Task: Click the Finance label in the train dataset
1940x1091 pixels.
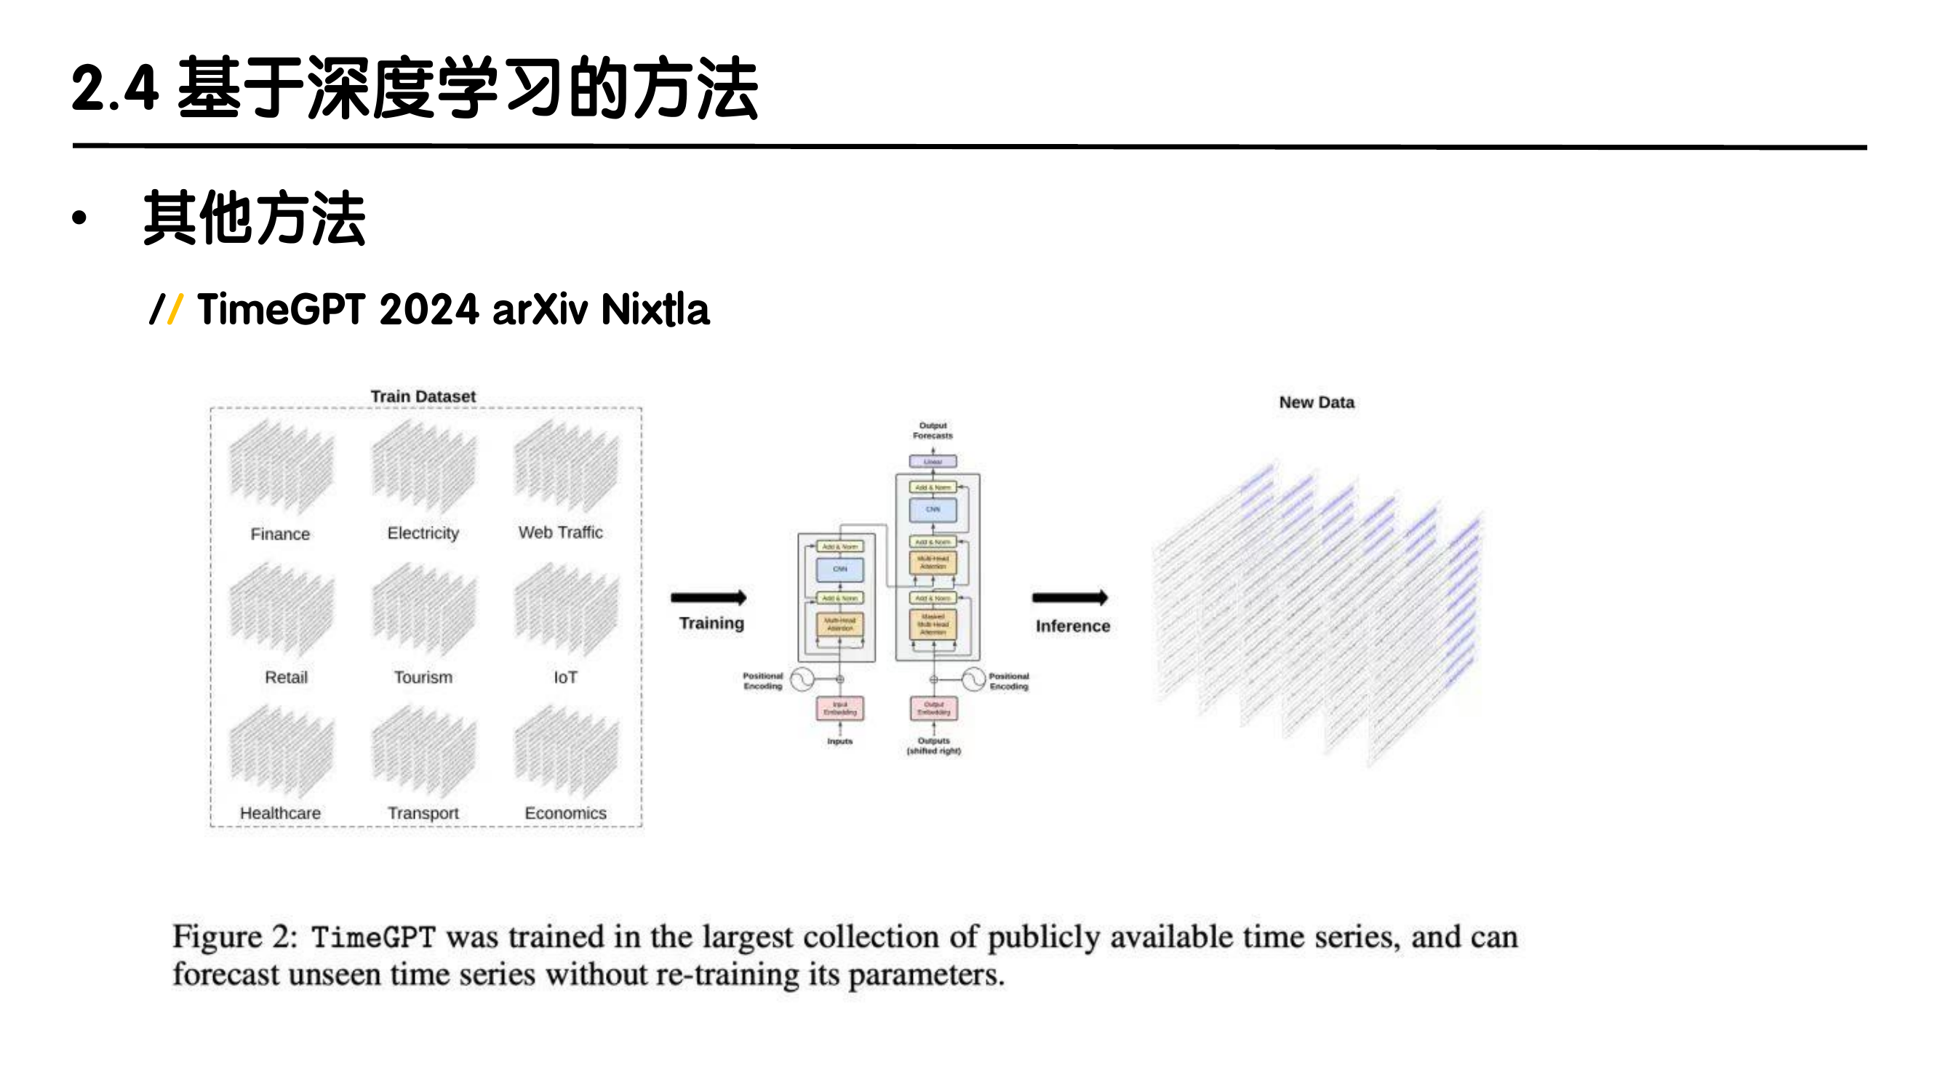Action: click(x=280, y=534)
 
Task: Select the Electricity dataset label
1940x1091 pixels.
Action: click(x=423, y=533)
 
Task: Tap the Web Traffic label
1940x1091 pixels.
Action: click(x=560, y=532)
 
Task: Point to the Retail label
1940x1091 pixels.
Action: click(x=286, y=677)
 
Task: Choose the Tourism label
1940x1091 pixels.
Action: click(x=423, y=677)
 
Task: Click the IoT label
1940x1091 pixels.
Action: click(x=566, y=677)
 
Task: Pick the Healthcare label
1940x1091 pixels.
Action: click(x=280, y=813)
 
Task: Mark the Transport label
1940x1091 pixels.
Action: click(x=423, y=813)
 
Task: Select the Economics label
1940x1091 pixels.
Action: click(x=566, y=813)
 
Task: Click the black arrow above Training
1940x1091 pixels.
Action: click(x=708, y=598)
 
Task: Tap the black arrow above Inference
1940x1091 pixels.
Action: click(x=1070, y=598)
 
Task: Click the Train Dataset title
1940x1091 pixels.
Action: click(x=423, y=396)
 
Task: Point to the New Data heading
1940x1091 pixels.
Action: click(x=1317, y=402)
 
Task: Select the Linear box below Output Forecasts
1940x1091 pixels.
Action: click(x=933, y=461)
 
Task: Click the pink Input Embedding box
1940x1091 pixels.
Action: click(x=839, y=708)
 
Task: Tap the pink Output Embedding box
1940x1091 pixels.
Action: click(x=934, y=708)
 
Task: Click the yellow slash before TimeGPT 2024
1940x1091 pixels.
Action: click(x=175, y=309)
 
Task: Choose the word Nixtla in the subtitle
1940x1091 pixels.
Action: click(x=655, y=309)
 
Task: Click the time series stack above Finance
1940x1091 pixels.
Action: click(x=281, y=467)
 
